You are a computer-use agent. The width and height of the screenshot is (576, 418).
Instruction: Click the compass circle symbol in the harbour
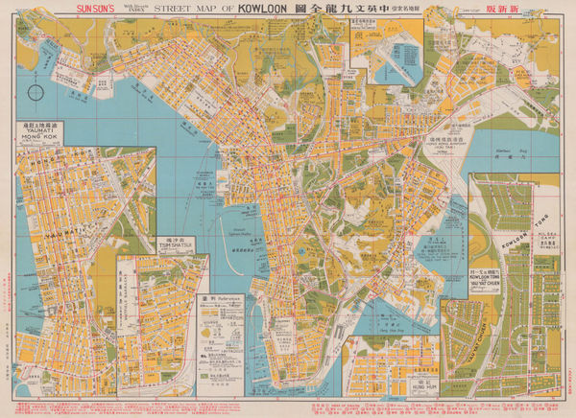click(36, 94)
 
